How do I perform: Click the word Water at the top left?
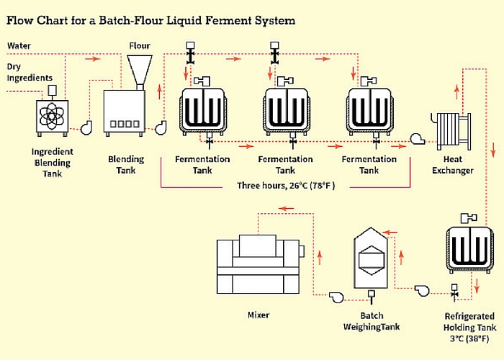click(19, 45)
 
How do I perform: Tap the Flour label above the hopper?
click(140, 45)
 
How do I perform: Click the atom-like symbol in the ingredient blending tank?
click(52, 116)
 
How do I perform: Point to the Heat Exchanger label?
click(453, 165)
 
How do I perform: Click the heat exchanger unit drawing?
click(451, 131)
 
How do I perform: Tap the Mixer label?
click(258, 315)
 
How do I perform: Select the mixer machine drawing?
click(260, 264)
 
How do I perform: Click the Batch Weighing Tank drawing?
click(371, 258)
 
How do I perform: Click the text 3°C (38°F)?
click(469, 338)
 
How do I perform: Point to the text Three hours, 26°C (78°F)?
click(286, 186)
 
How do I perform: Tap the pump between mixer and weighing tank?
click(336, 297)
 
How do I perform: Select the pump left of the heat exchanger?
click(417, 139)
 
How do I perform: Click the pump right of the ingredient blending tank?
click(86, 127)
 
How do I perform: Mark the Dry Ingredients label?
click(30, 72)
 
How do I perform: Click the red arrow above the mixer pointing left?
click(286, 209)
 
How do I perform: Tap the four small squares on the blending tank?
click(125, 124)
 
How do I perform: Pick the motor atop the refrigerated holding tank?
click(469, 218)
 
